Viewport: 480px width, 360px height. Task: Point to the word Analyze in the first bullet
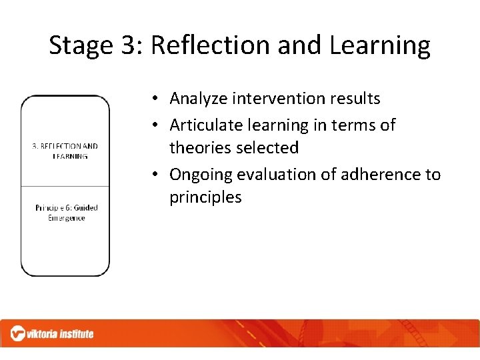[x=198, y=99]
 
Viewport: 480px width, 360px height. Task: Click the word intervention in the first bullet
[x=276, y=99]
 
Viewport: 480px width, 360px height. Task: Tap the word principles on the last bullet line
[x=205, y=197]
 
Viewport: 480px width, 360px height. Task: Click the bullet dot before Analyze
[x=154, y=99]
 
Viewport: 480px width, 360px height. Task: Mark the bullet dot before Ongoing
[x=154, y=175]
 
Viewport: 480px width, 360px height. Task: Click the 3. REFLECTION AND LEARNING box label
[x=65, y=151]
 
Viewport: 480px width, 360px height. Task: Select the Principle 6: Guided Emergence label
[x=66, y=213]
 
